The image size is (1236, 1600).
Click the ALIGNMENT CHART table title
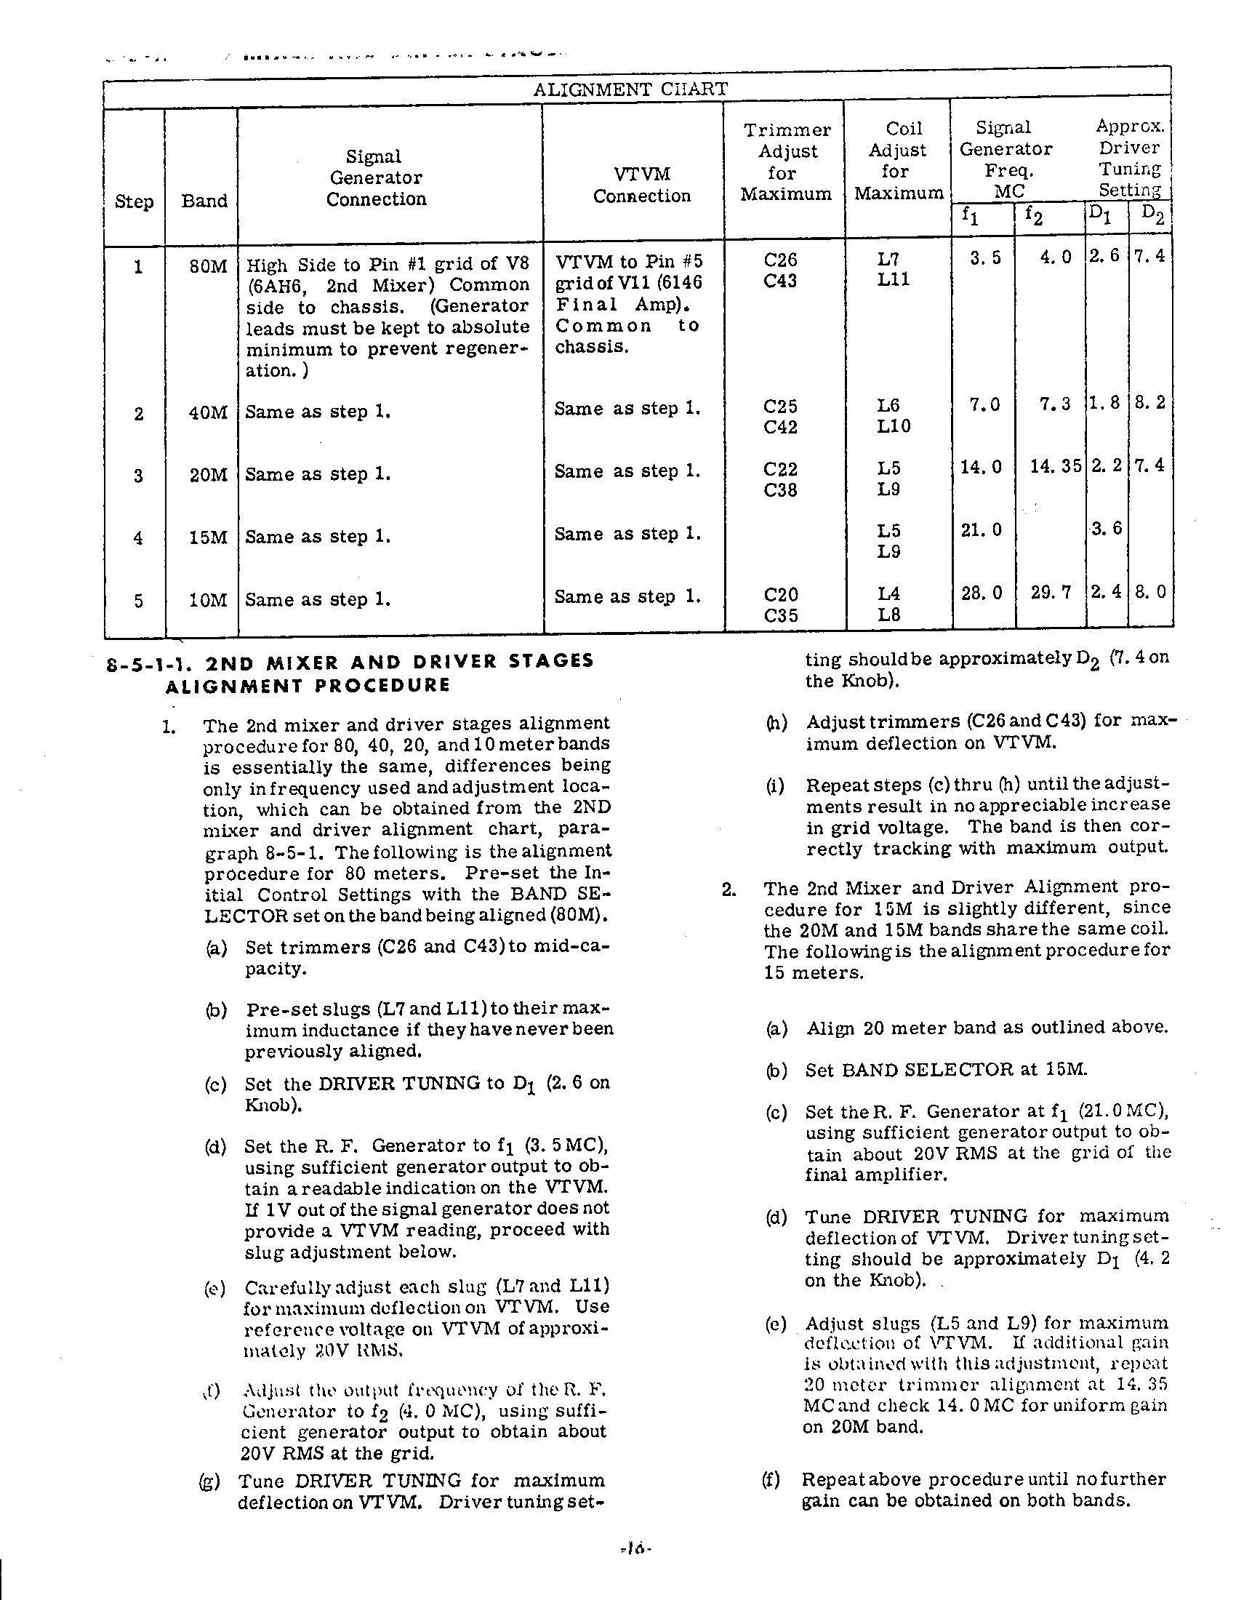pos(630,89)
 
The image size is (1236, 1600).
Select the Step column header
pos(134,201)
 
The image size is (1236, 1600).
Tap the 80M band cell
pos(208,266)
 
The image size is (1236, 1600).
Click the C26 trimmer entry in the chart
pos(780,260)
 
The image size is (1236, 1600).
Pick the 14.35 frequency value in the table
pos(1055,467)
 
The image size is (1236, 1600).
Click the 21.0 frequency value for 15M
pos(982,529)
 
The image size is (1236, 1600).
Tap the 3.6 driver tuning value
pos(1107,528)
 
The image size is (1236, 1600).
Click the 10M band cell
pos(208,601)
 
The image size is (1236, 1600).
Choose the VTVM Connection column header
pos(642,185)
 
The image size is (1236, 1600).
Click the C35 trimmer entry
pos(781,615)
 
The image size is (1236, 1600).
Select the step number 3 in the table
pos(138,476)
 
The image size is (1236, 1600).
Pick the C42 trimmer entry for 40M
pos(780,426)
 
